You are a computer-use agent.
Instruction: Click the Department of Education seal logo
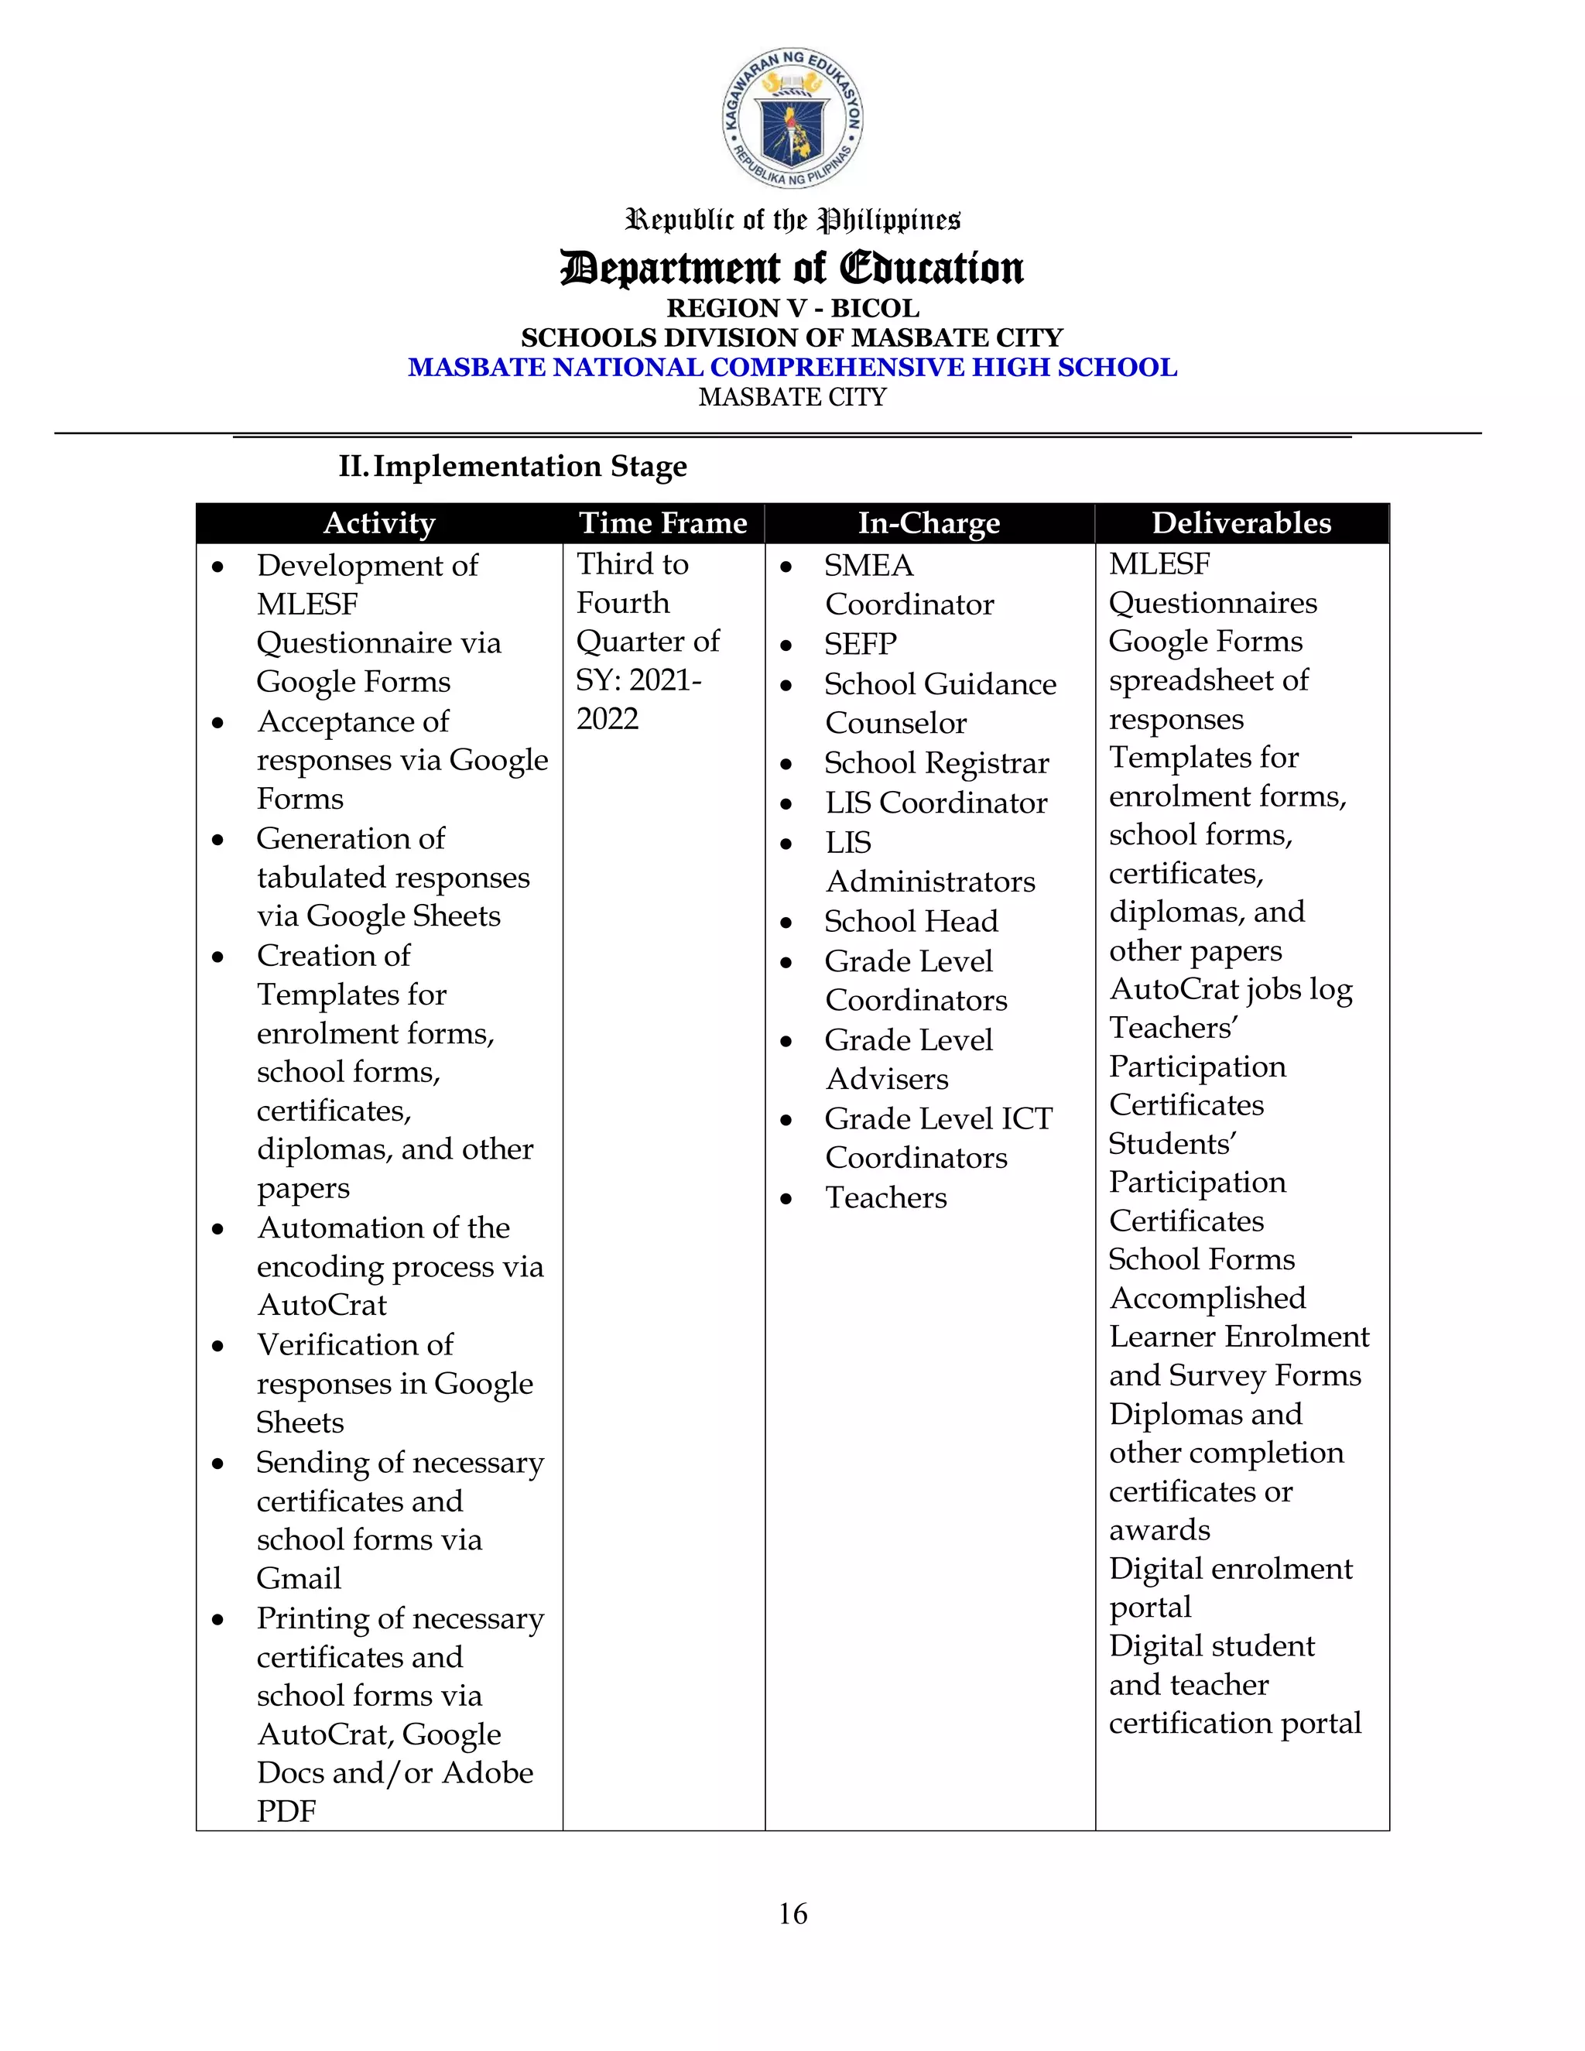[x=792, y=118]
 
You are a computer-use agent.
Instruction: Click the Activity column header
[x=378, y=523]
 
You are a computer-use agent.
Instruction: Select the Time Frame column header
[x=663, y=523]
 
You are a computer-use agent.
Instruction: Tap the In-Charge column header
[x=929, y=523]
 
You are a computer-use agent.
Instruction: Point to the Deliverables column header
[x=1241, y=523]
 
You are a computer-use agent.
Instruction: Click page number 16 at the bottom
[x=792, y=1913]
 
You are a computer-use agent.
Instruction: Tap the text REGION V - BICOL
[x=792, y=308]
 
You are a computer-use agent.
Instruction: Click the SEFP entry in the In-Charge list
[x=860, y=644]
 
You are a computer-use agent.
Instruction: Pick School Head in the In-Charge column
[x=911, y=921]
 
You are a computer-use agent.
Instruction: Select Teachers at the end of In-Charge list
[x=885, y=1197]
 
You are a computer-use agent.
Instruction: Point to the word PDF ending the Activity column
[x=286, y=1810]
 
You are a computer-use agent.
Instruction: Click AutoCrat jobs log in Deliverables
[x=1230, y=989]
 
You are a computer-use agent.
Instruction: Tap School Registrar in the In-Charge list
[x=936, y=763]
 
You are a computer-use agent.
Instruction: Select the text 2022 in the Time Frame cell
[x=608, y=718]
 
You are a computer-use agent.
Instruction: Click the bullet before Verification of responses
[x=217, y=1346]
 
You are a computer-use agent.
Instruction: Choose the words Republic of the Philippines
[x=792, y=220]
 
